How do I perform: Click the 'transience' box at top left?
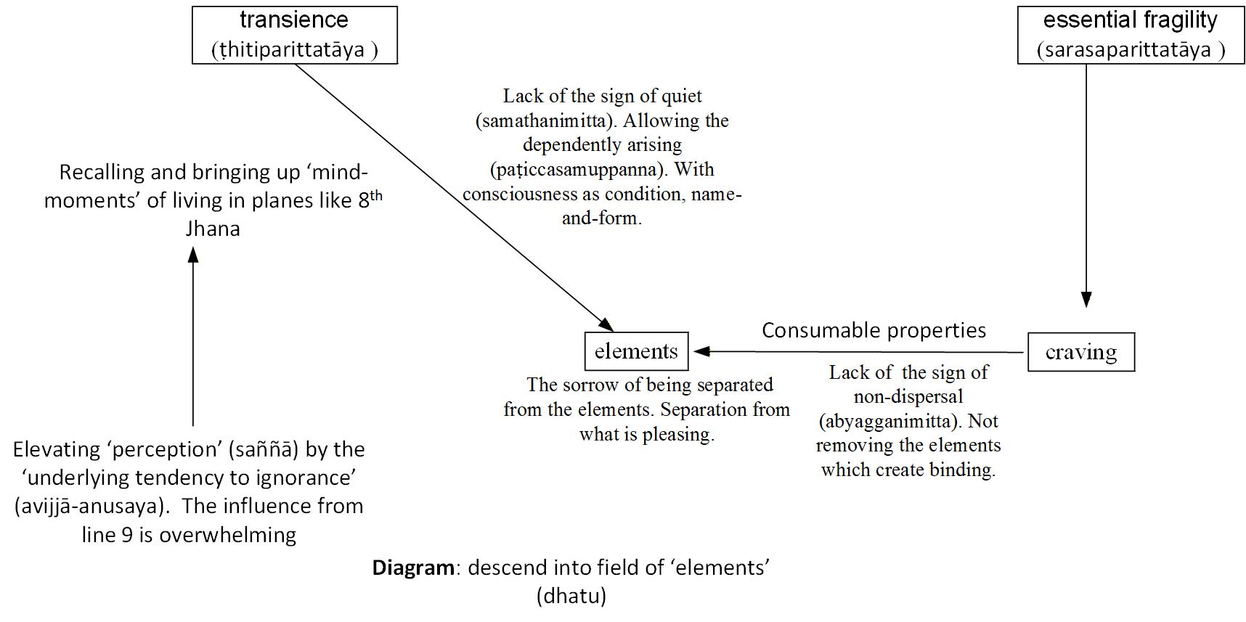(x=294, y=35)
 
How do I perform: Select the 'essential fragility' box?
(x=1130, y=35)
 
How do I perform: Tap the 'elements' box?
(x=636, y=351)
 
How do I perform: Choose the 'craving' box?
(x=1080, y=352)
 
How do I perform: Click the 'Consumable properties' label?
(x=874, y=330)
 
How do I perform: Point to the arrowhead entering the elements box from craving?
(x=701, y=352)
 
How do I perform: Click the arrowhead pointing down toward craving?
(x=1086, y=299)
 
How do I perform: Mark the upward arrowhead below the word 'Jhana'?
(x=193, y=255)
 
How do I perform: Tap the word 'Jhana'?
(x=213, y=229)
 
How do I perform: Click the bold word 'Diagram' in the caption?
(x=413, y=567)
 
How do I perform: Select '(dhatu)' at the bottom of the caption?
(x=571, y=596)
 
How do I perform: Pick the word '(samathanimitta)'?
(x=542, y=120)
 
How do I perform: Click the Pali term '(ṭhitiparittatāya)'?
(x=294, y=50)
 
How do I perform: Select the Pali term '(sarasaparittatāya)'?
(x=1131, y=50)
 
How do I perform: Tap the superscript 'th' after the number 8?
(x=376, y=196)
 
